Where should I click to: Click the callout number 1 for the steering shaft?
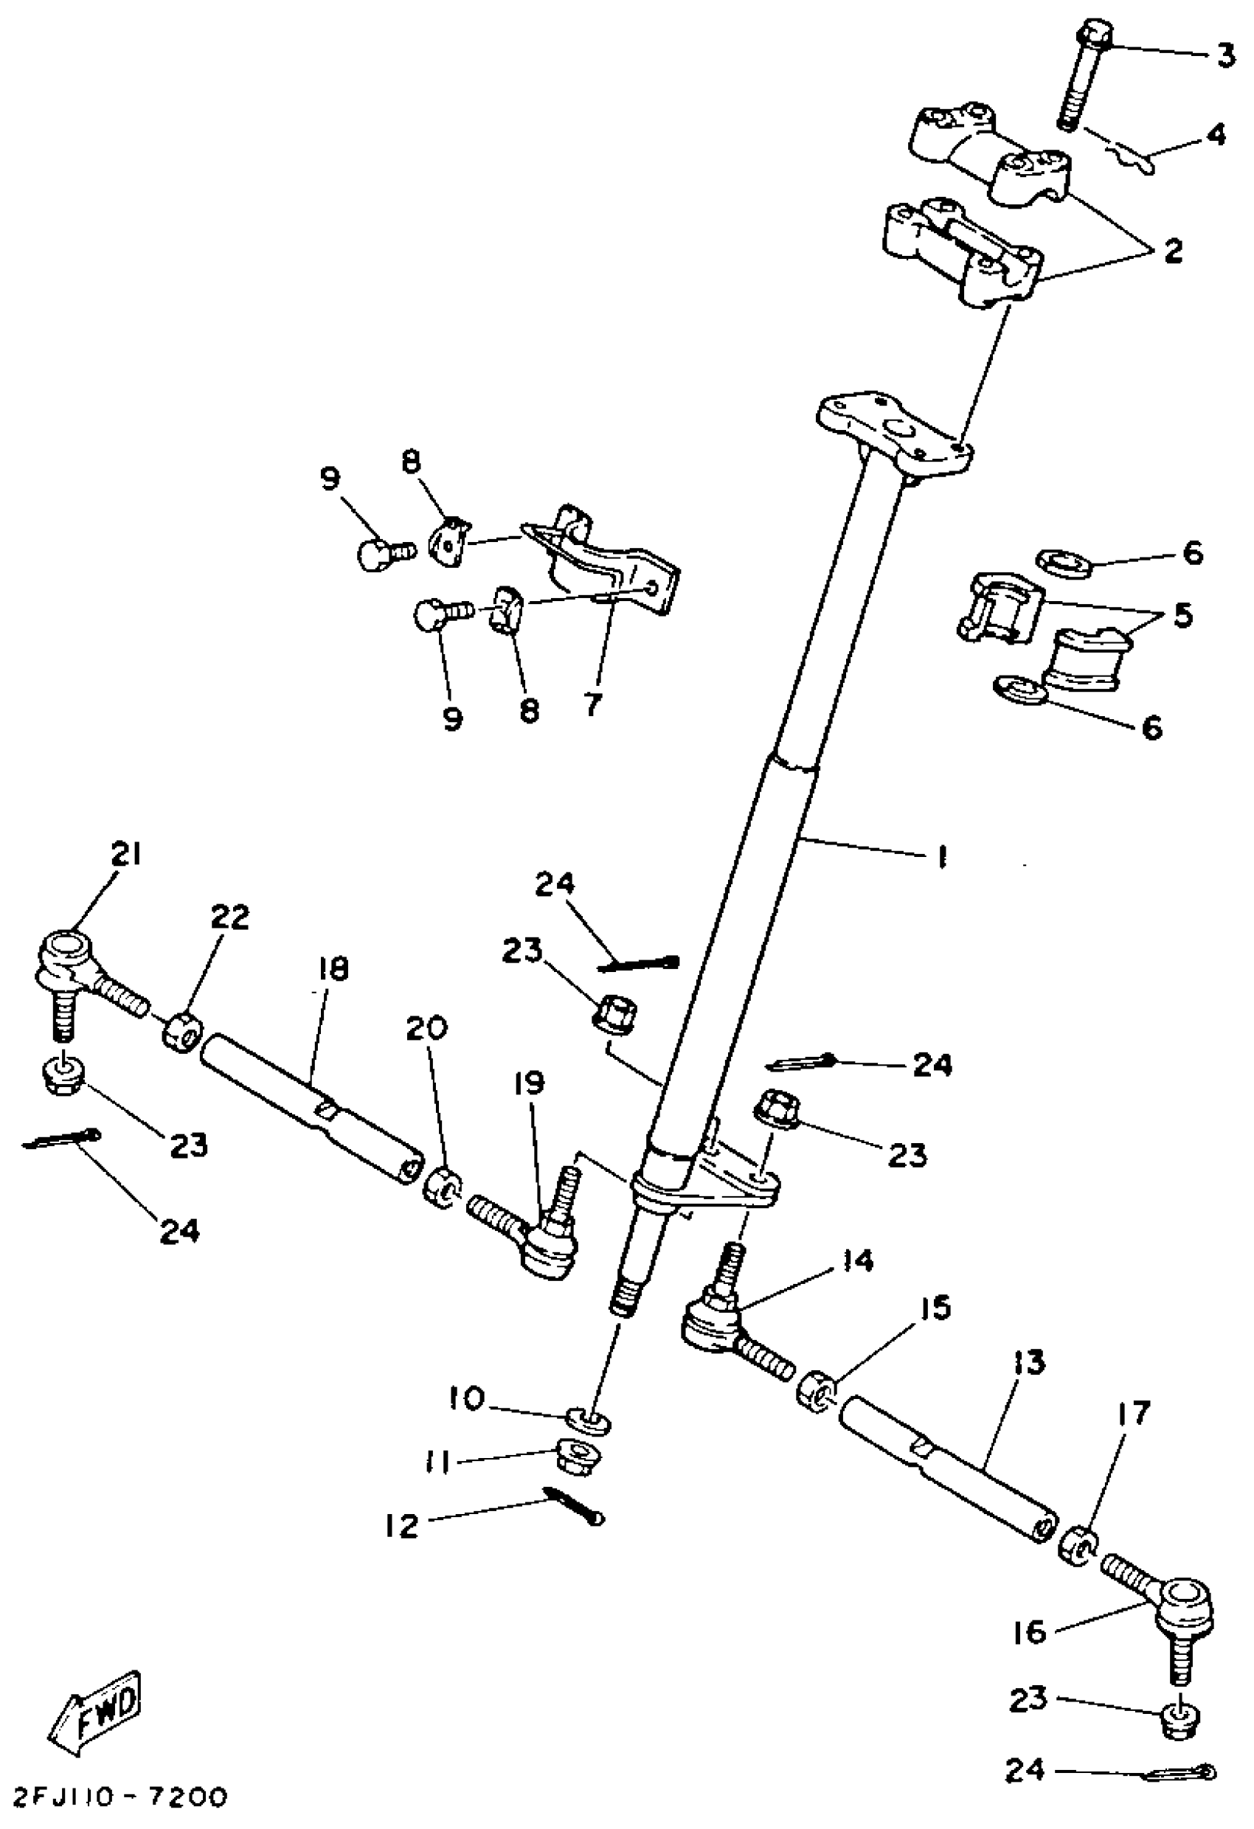pyautogui.click(x=941, y=856)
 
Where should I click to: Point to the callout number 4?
pyautogui.click(x=1217, y=136)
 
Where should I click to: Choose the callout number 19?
pyautogui.click(x=529, y=1084)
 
